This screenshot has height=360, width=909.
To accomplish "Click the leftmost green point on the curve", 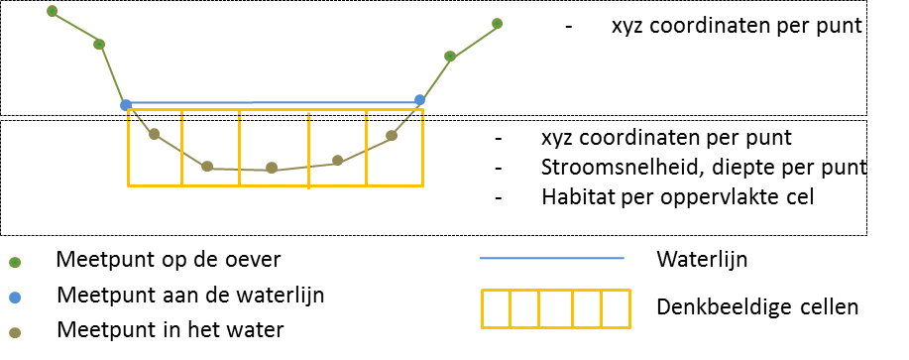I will [52, 11].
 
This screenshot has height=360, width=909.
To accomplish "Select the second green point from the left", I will [99, 44].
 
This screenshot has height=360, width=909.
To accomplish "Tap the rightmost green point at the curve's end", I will [497, 23].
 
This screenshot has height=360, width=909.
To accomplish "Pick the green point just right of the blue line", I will [450, 57].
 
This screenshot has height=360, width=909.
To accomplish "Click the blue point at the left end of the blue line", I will [126, 104].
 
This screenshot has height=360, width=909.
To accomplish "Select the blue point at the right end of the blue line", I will [419, 99].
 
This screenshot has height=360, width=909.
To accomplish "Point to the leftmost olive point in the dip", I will [154, 134].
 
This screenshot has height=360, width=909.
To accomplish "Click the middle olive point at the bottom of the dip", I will [272, 168].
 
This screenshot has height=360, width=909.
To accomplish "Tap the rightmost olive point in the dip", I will [392, 135].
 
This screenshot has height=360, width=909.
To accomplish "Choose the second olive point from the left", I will [207, 166].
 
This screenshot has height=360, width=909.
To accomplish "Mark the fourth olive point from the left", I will [337, 160].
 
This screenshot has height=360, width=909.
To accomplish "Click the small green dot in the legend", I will [15, 263].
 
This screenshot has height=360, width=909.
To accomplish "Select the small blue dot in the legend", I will [15, 298].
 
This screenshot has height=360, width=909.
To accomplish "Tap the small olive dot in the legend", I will [15, 333].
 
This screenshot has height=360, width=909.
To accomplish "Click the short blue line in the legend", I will [551, 258].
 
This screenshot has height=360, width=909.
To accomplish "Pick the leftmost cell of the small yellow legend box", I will [496, 308].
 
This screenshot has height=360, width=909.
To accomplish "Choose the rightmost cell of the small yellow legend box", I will [616, 308].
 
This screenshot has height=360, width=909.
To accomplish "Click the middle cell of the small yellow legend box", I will [555, 308].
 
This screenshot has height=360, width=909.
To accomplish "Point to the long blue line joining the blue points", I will [273, 102].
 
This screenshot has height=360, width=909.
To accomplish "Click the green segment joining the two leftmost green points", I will [75, 28].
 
